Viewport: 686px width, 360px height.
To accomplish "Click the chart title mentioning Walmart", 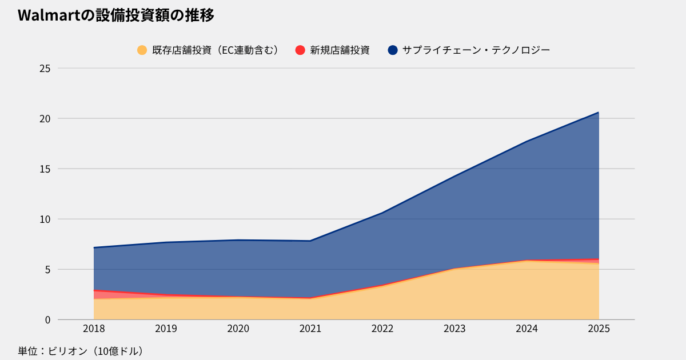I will [x=116, y=16].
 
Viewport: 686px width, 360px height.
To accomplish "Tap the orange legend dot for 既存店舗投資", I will [x=142, y=50].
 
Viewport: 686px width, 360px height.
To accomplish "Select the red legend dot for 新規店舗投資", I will [x=301, y=50].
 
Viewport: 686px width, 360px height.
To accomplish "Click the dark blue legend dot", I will [x=392, y=50].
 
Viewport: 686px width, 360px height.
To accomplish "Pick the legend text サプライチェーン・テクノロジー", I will [x=476, y=50].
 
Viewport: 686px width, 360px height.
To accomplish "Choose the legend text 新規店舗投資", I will [x=340, y=50].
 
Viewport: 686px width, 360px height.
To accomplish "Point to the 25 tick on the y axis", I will [x=45, y=69].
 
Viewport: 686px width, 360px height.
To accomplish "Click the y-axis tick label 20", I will [x=45, y=119].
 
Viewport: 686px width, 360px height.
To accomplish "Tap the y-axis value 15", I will [x=45, y=169].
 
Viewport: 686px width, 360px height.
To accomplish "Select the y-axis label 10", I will [x=45, y=219].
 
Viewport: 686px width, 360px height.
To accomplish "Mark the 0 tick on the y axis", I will [x=47, y=319].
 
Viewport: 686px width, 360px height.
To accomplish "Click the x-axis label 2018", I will [x=94, y=329].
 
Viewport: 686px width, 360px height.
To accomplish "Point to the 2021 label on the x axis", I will [x=310, y=329].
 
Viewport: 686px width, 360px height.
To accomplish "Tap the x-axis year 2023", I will [x=454, y=329].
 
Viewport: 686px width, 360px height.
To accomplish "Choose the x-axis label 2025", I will [x=599, y=329].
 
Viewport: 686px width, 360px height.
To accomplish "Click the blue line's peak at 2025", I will [x=599, y=113].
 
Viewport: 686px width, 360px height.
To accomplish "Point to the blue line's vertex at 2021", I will [x=310, y=241].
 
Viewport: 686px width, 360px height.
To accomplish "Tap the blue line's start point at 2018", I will [x=94, y=247].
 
